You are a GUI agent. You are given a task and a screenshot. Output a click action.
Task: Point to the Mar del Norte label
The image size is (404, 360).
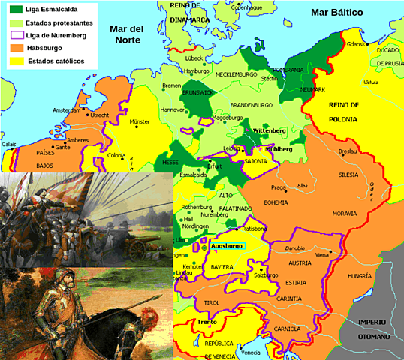pos(126,34)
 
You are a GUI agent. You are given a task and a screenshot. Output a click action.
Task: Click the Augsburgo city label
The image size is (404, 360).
pos(226,246)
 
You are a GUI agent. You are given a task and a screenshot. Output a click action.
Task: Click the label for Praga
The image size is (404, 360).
pos(279,187)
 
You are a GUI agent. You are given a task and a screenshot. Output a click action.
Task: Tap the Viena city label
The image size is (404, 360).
pos(322,255)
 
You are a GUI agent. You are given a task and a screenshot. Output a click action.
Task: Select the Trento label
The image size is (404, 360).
pos(207,322)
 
